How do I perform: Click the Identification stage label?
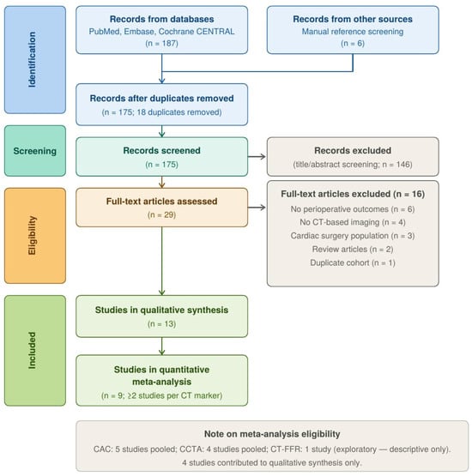coord(33,60)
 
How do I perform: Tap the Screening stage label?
coord(35,151)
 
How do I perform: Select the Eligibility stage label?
coord(33,235)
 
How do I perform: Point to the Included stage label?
coord(33,350)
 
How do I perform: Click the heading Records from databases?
coord(161,19)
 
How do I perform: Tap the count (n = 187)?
coord(161,43)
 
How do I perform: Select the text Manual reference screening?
coord(353,32)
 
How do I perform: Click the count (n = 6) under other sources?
coord(353,43)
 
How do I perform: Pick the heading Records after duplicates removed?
coord(161,99)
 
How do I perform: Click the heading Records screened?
coord(161,151)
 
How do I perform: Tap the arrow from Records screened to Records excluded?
coord(257,157)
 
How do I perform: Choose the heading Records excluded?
coord(353,151)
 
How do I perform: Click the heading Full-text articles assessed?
coord(161,202)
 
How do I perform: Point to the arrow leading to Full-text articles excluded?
coord(257,208)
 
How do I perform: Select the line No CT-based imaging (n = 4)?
coord(353,222)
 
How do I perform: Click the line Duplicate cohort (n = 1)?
coord(353,262)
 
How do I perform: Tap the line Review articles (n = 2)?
coord(353,250)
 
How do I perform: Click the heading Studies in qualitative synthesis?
coord(161,310)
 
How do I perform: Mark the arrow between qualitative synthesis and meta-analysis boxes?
coord(162,346)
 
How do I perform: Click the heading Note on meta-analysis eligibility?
coord(272,434)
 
